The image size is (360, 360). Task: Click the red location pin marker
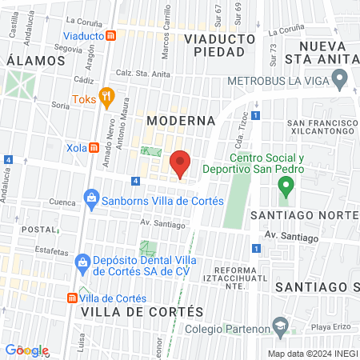point(181,164)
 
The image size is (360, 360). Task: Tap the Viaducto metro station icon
point(112,36)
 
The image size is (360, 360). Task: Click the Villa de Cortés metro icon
point(73,296)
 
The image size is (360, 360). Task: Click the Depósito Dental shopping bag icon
point(82,262)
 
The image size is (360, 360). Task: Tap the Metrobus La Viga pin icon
point(339,81)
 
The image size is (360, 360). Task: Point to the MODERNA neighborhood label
point(182,120)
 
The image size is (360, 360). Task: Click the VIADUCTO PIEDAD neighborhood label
point(214,45)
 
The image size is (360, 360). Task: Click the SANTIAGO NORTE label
point(303,216)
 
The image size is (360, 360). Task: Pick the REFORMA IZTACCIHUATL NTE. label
point(239,277)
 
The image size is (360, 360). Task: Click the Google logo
point(27,350)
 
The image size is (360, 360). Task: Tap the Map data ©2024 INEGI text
point(312,353)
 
